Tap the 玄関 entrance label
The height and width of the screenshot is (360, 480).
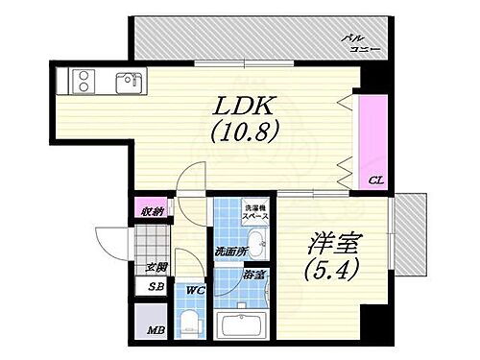tap(156, 268)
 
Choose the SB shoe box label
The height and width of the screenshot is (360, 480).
tap(155, 286)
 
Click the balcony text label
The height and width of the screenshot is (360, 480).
tap(361, 43)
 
